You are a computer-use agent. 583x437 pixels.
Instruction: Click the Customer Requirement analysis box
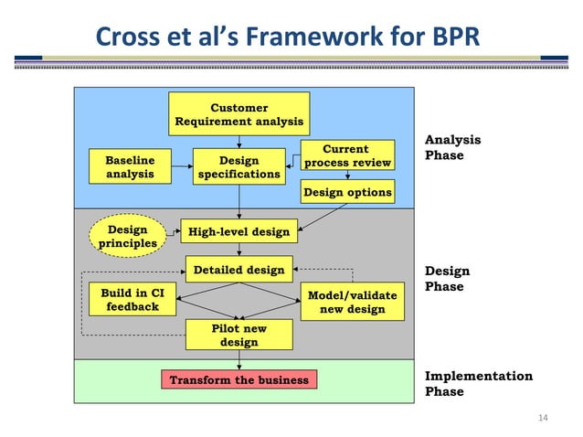tap(238, 114)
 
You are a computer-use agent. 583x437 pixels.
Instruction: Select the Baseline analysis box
tap(130, 165)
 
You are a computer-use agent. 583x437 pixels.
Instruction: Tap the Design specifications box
tap(238, 166)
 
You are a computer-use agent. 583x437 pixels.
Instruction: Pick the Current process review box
tap(347, 155)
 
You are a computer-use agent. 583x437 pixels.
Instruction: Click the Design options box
tap(347, 192)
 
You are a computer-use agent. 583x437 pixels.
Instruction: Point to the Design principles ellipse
tap(127, 236)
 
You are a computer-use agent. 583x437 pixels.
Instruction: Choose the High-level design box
tap(238, 231)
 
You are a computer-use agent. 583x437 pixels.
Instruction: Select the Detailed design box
tap(238, 270)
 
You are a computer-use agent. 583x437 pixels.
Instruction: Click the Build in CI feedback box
tap(132, 299)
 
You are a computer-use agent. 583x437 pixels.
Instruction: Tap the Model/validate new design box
tap(352, 303)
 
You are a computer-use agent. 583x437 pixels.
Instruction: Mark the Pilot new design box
tap(238, 335)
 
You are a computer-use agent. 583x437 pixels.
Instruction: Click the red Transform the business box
tap(238, 379)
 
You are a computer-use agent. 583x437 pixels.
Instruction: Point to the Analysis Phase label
tap(452, 147)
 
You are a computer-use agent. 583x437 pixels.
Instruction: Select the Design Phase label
tap(448, 278)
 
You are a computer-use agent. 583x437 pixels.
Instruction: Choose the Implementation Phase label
tap(478, 383)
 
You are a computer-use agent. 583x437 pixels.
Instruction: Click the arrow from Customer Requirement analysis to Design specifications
tap(238, 140)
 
